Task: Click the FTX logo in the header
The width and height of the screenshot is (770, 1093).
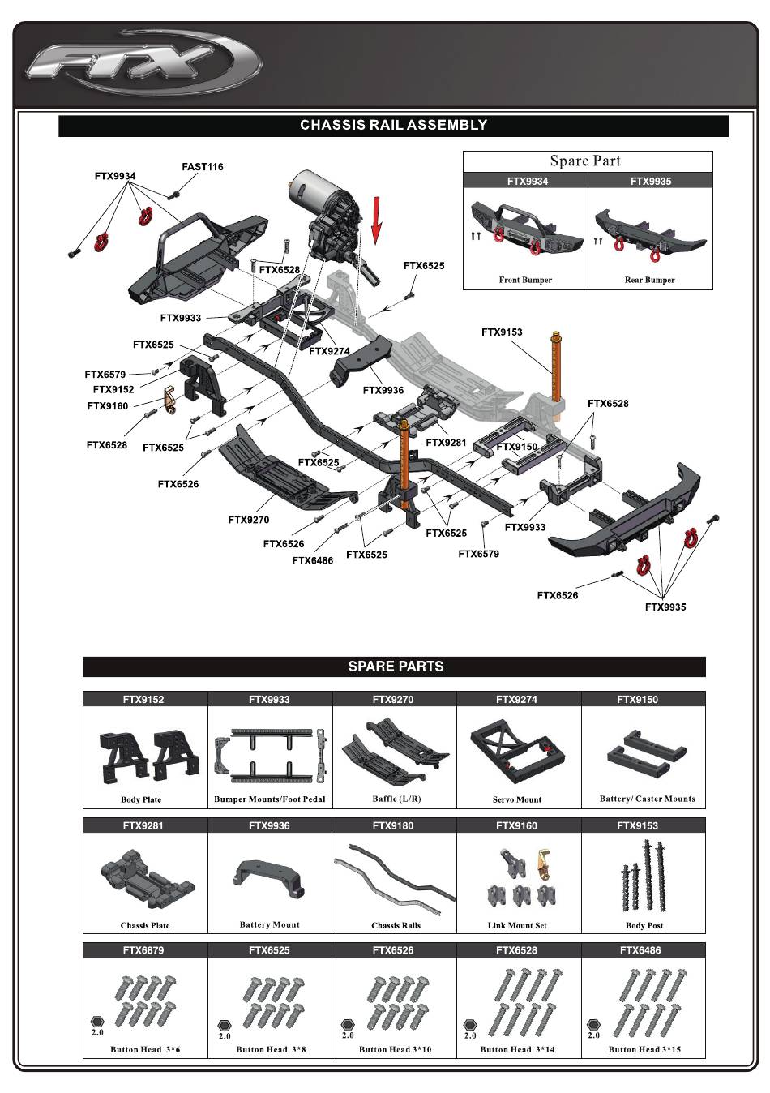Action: [143, 64]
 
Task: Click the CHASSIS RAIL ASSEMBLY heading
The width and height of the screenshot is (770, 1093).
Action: [393, 125]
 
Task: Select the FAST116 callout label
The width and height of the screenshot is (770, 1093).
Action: [202, 167]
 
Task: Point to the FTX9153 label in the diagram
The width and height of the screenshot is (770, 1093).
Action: [502, 332]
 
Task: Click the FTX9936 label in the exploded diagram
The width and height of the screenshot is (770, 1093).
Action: [383, 390]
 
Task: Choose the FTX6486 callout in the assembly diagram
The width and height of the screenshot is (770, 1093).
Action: [312, 560]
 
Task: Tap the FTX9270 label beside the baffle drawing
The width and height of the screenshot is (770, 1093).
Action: [248, 520]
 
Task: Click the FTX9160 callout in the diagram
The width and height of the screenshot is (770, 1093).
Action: [107, 406]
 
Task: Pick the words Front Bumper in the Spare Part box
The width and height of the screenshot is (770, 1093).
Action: [525, 280]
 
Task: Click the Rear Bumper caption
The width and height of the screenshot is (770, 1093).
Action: [649, 280]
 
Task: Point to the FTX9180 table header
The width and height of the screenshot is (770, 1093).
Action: [393, 825]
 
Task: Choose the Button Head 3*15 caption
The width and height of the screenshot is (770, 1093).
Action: [644, 1049]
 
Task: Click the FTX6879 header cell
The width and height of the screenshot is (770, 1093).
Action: [143, 950]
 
